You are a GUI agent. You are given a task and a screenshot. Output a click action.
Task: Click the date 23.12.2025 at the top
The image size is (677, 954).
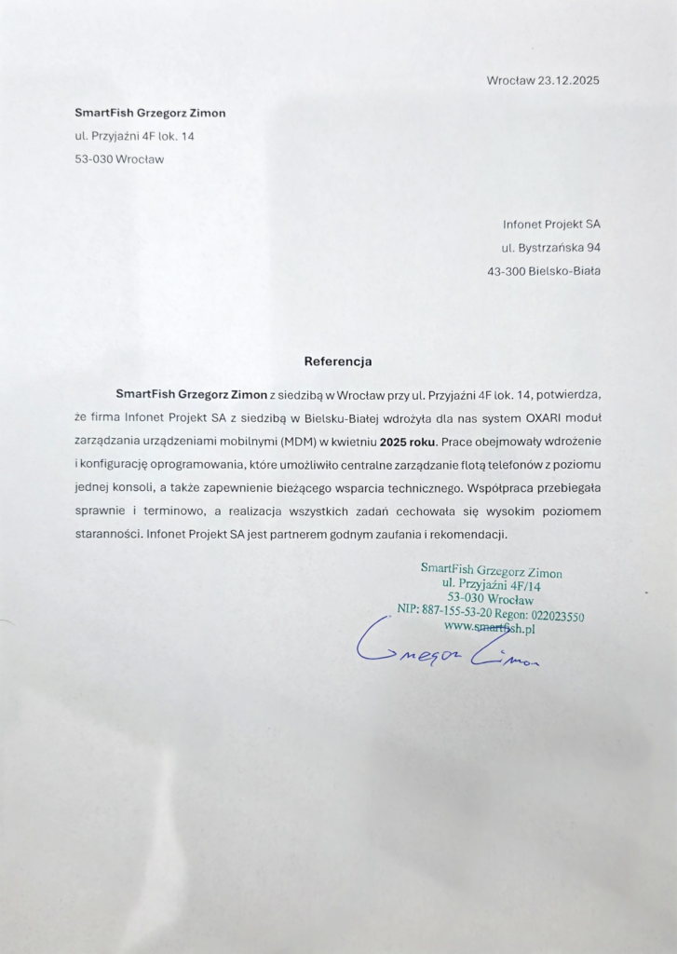pyautogui.click(x=568, y=80)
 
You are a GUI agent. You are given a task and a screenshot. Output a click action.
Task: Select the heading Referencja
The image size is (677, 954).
pyautogui.click(x=338, y=361)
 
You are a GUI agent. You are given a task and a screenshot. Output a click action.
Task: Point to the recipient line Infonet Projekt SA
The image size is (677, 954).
pyautogui.click(x=551, y=225)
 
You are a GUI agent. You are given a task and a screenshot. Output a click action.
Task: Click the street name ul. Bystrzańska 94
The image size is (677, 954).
pyautogui.click(x=551, y=248)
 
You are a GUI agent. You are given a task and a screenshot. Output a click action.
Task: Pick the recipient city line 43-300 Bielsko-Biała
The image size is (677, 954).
pyautogui.click(x=544, y=271)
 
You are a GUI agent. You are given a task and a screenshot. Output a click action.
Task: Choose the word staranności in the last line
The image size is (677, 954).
pyautogui.click(x=108, y=536)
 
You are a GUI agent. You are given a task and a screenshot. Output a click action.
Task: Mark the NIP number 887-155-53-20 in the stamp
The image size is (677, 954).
pyautogui.click(x=456, y=611)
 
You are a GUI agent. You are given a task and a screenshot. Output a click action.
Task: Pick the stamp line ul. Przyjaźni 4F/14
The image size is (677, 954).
pyautogui.click(x=493, y=585)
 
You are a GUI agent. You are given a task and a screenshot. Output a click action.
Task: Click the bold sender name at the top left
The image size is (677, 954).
pyautogui.click(x=150, y=113)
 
